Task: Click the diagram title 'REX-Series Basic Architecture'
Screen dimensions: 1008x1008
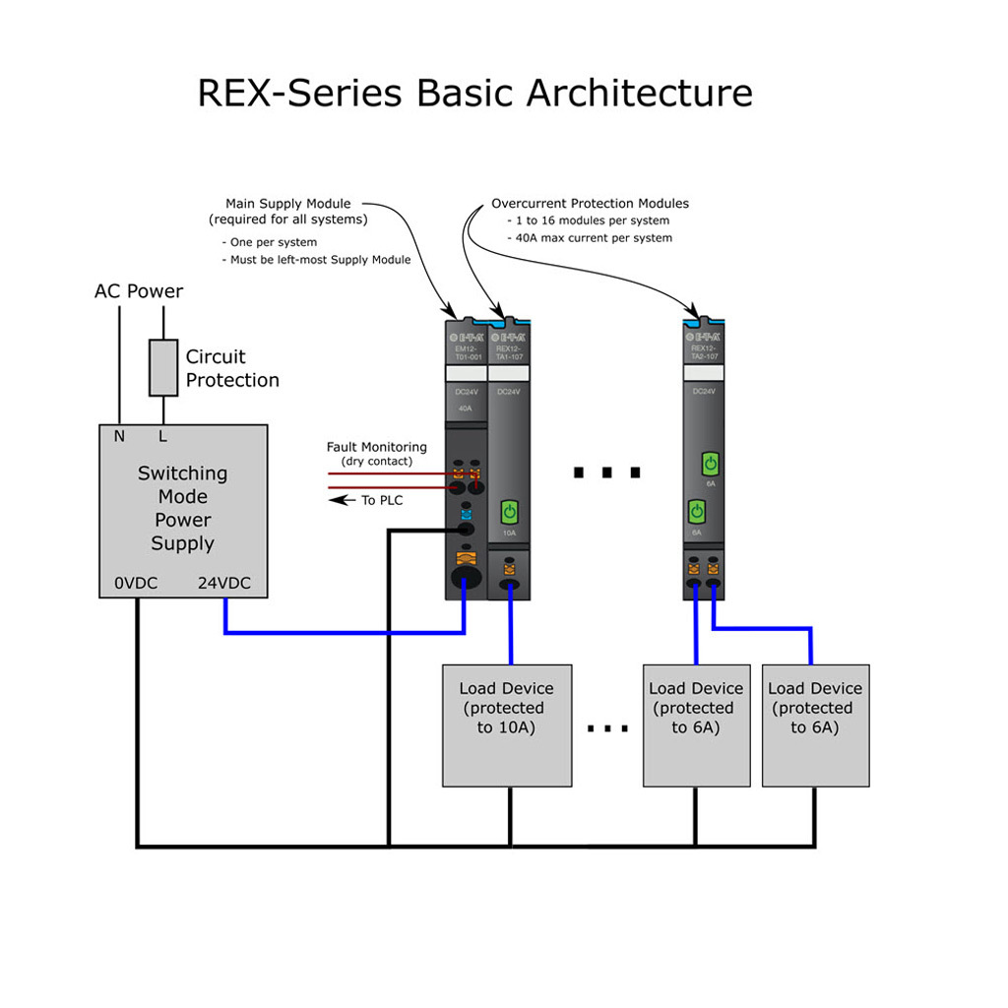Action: coord(474,94)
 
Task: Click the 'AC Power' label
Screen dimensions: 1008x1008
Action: coord(139,291)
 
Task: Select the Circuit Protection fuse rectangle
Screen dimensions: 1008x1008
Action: coord(163,368)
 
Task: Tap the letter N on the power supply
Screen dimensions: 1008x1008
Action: coord(119,436)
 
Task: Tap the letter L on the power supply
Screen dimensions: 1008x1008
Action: coord(163,436)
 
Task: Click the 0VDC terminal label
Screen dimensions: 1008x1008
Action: coord(136,583)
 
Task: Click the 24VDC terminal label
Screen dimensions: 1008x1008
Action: coord(224,583)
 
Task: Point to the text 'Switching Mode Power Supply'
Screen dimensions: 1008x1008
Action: coord(182,508)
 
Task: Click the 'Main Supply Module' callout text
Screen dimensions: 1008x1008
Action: coord(287,204)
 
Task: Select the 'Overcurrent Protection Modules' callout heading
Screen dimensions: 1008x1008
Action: coord(590,204)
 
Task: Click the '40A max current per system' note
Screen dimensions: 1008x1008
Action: coord(594,238)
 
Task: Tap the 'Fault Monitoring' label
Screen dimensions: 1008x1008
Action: coord(377,447)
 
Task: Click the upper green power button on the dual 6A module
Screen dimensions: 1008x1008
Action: coord(709,463)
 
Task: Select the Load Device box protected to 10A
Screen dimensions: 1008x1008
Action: coord(507,725)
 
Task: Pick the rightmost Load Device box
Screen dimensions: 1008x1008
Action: coord(815,725)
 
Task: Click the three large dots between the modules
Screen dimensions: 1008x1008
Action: coord(607,473)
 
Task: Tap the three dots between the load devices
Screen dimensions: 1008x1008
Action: coord(607,729)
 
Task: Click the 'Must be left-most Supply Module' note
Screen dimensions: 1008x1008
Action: coord(316,260)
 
